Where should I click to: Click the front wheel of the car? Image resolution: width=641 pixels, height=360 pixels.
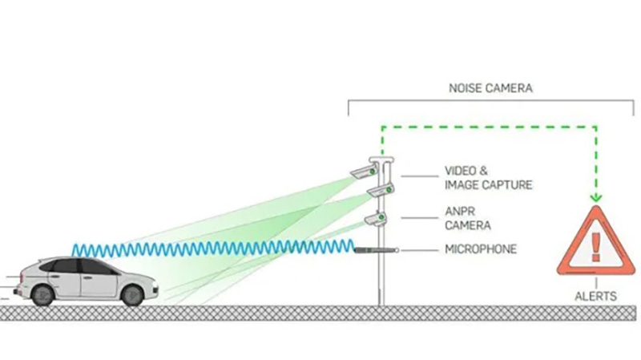[131, 294]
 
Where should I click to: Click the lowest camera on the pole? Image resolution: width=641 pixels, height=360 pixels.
[373, 217]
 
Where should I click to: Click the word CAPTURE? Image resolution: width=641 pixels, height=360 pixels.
[506, 185]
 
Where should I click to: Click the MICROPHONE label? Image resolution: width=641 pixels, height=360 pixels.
[481, 249]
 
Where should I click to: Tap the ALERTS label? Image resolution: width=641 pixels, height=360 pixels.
[595, 296]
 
